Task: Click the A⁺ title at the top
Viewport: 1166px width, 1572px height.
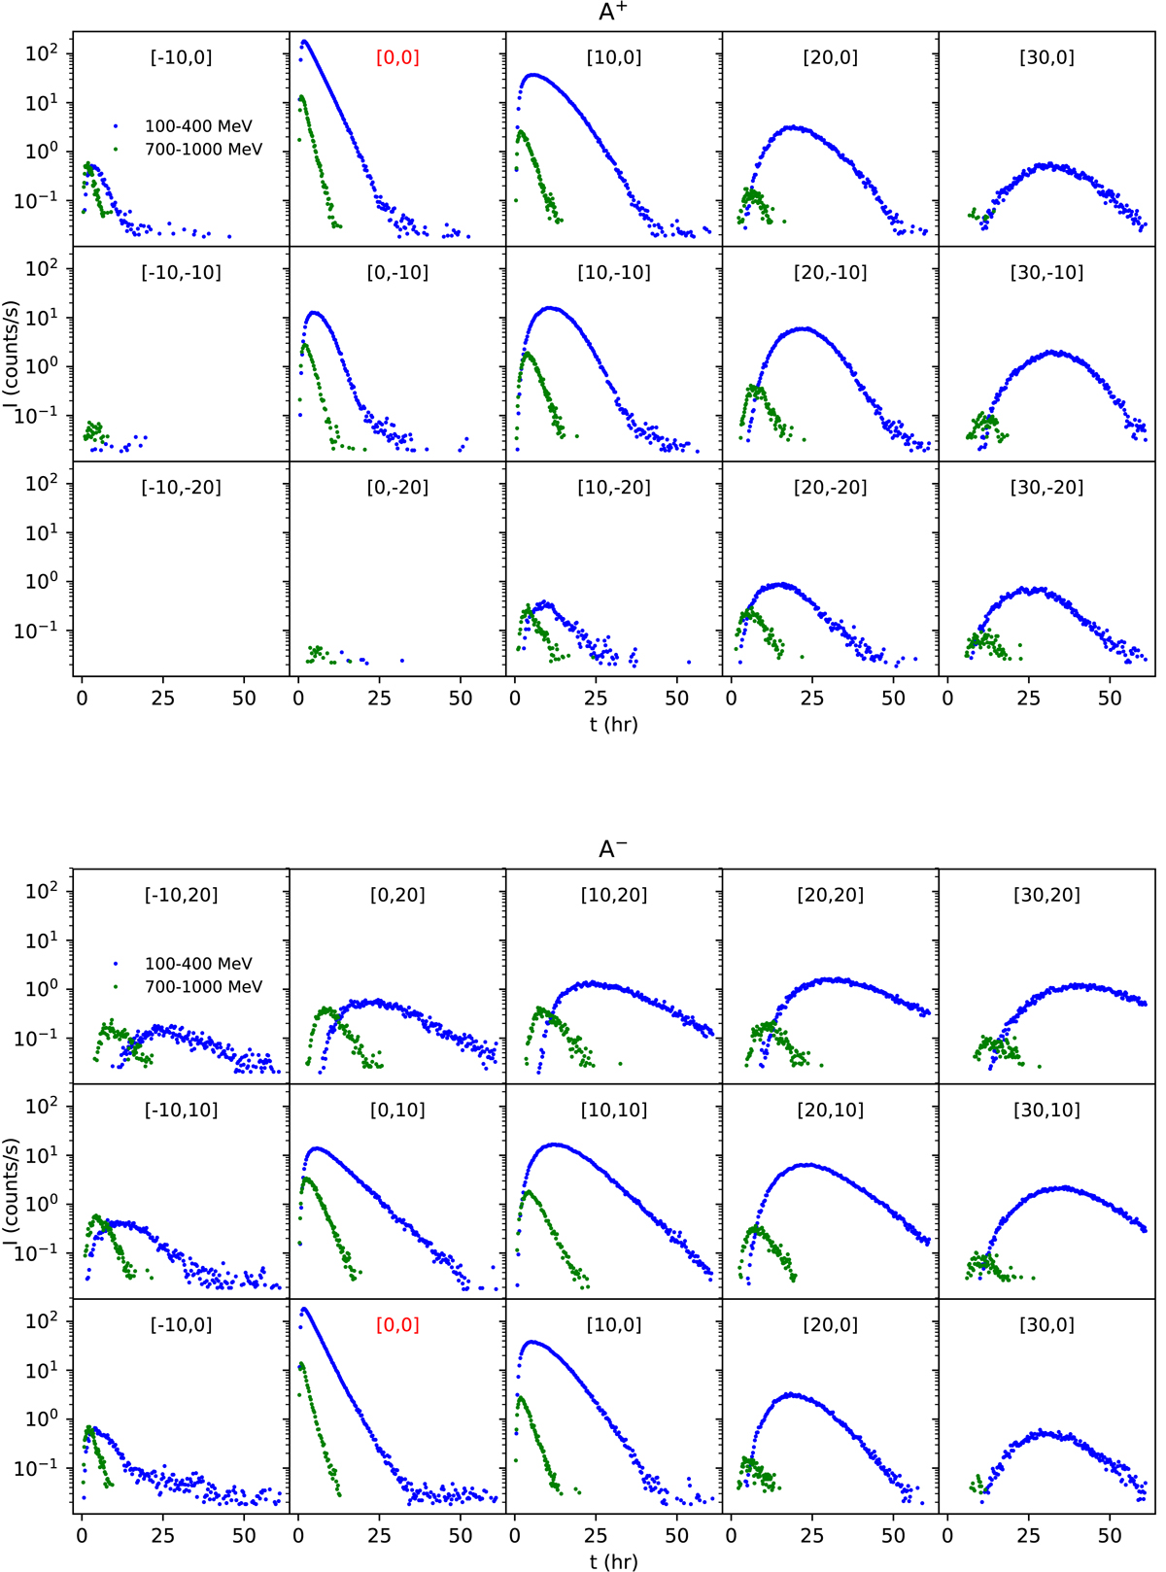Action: (x=613, y=13)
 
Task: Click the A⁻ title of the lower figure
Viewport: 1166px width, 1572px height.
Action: (x=613, y=849)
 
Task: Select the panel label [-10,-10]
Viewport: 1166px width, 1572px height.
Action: (x=182, y=273)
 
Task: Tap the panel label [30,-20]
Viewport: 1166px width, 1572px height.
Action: (x=1046, y=488)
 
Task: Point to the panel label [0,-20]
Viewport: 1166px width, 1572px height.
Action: (x=397, y=488)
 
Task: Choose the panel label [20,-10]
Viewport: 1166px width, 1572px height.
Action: (x=830, y=273)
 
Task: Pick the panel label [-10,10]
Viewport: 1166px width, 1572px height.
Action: (x=182, y=1111)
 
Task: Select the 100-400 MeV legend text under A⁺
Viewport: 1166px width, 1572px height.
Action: (x=198, y=126)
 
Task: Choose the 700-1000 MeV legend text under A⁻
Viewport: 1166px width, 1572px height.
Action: (x=203, y=987)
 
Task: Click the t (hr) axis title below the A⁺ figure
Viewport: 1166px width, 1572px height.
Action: (x=613, y=724)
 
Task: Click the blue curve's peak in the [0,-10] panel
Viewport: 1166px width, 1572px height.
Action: (x=313, y=313)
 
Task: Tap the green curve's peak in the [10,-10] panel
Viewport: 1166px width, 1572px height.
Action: (x=529, y=355)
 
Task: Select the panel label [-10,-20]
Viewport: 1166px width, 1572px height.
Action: (x=182, y=488)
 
